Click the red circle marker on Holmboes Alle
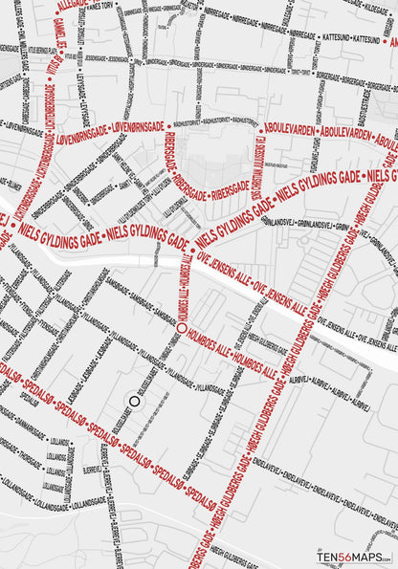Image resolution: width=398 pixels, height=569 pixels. pos(181,328)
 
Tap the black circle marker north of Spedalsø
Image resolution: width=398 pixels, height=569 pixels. pos(135,403)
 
